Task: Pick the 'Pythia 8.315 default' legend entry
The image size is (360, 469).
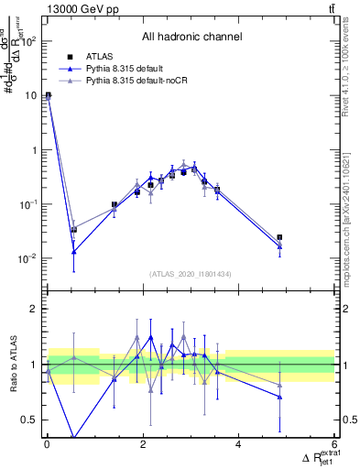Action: pos(127,69)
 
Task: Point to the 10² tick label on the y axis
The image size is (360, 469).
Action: pos(27,41)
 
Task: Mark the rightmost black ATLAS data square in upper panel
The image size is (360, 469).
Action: pos(279,237)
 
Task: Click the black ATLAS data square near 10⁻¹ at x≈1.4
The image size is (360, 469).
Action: pos(114,205)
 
